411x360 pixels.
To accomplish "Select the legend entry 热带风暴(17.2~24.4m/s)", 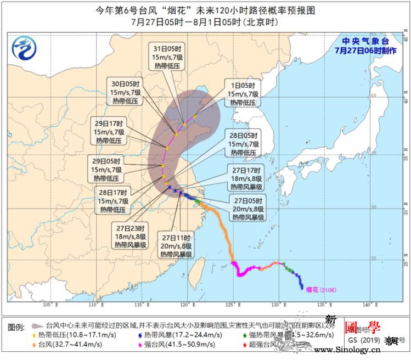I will point(178,335).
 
